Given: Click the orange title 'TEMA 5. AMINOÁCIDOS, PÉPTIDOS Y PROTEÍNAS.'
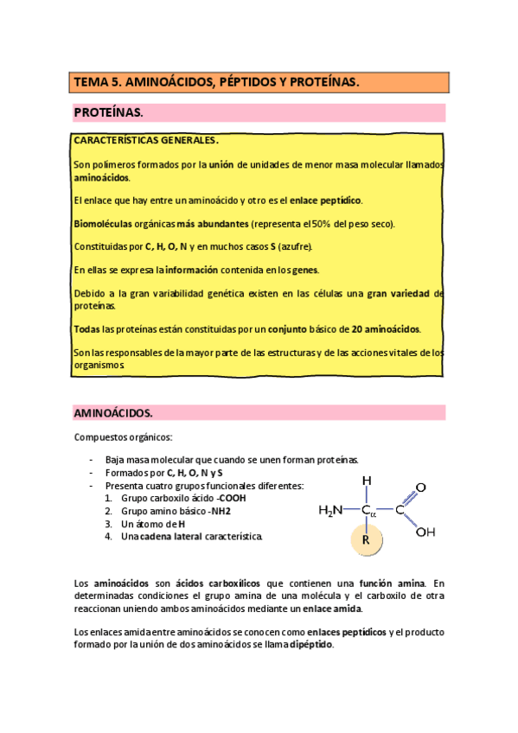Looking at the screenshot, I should pyautogui.click(x=216, y=83).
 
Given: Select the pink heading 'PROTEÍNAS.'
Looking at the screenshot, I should pyautogui.click(x=108, y=113).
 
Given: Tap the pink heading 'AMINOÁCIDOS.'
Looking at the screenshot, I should pyautogui.click(x=113, y=413).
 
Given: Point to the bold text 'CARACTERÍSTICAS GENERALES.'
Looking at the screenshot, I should pyautogui.click(x=146, y=140).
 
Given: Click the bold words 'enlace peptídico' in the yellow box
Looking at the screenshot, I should pyautogui.click(x=325, y=201).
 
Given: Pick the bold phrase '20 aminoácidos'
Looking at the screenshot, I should pyautogui.click(x=386, y=328).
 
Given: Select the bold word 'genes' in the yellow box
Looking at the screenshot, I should pyautogui.click(x=317, y=270).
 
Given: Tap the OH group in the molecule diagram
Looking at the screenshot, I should pyautogui.click(x=425, y=532).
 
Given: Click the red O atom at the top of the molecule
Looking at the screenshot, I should pyautogui.click(x=421, y=488).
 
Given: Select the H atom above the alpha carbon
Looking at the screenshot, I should pyautogui.click(x=367, y=481).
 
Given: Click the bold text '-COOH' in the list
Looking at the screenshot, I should pyautogui.click(x=231, y=498).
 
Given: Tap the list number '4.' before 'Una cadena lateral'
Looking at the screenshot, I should pyautogui.click(x=109, y=536).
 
